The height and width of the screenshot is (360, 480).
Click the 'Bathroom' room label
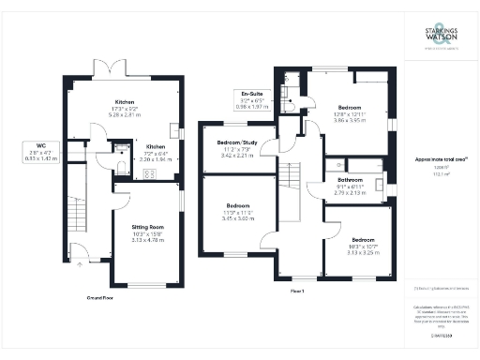[351, 179]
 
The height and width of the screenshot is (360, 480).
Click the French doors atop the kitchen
[112, 70]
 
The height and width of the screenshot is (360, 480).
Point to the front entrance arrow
[78, 265]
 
